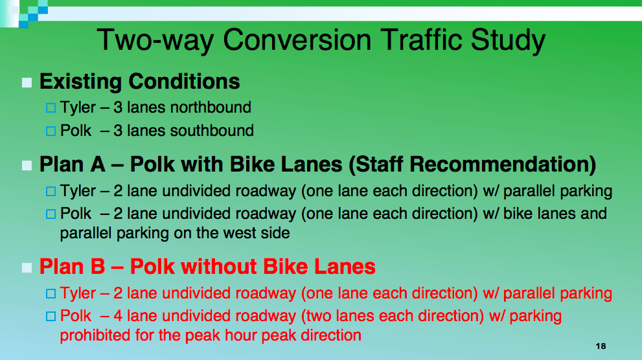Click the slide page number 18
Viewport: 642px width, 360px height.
601,346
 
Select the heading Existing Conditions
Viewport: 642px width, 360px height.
139,82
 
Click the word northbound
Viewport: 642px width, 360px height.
210,107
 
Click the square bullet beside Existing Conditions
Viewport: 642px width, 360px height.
27,83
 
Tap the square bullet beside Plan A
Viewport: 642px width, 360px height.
27,165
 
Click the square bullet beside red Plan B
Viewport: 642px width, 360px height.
27,267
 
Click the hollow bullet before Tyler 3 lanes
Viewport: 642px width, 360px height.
51,108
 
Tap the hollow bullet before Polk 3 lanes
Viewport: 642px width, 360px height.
51,131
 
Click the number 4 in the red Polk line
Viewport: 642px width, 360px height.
119,316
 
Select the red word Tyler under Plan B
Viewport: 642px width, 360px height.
78,293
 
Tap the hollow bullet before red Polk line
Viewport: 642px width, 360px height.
51,317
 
